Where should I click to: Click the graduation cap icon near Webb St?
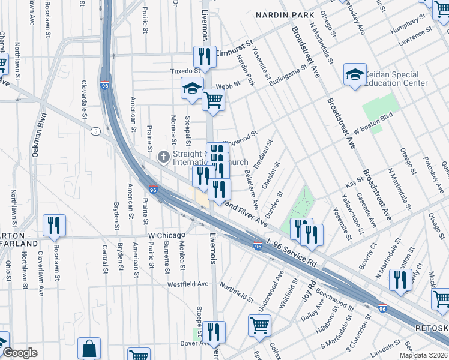pos(193,88)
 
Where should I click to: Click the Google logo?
pos(20,353)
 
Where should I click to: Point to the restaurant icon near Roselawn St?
pos(55,225)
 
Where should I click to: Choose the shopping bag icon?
pos(89,348)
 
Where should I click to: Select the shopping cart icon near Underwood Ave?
pos(259,325)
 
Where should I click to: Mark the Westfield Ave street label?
pos(188,284)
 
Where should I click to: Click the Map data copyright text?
pos(423,355)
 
